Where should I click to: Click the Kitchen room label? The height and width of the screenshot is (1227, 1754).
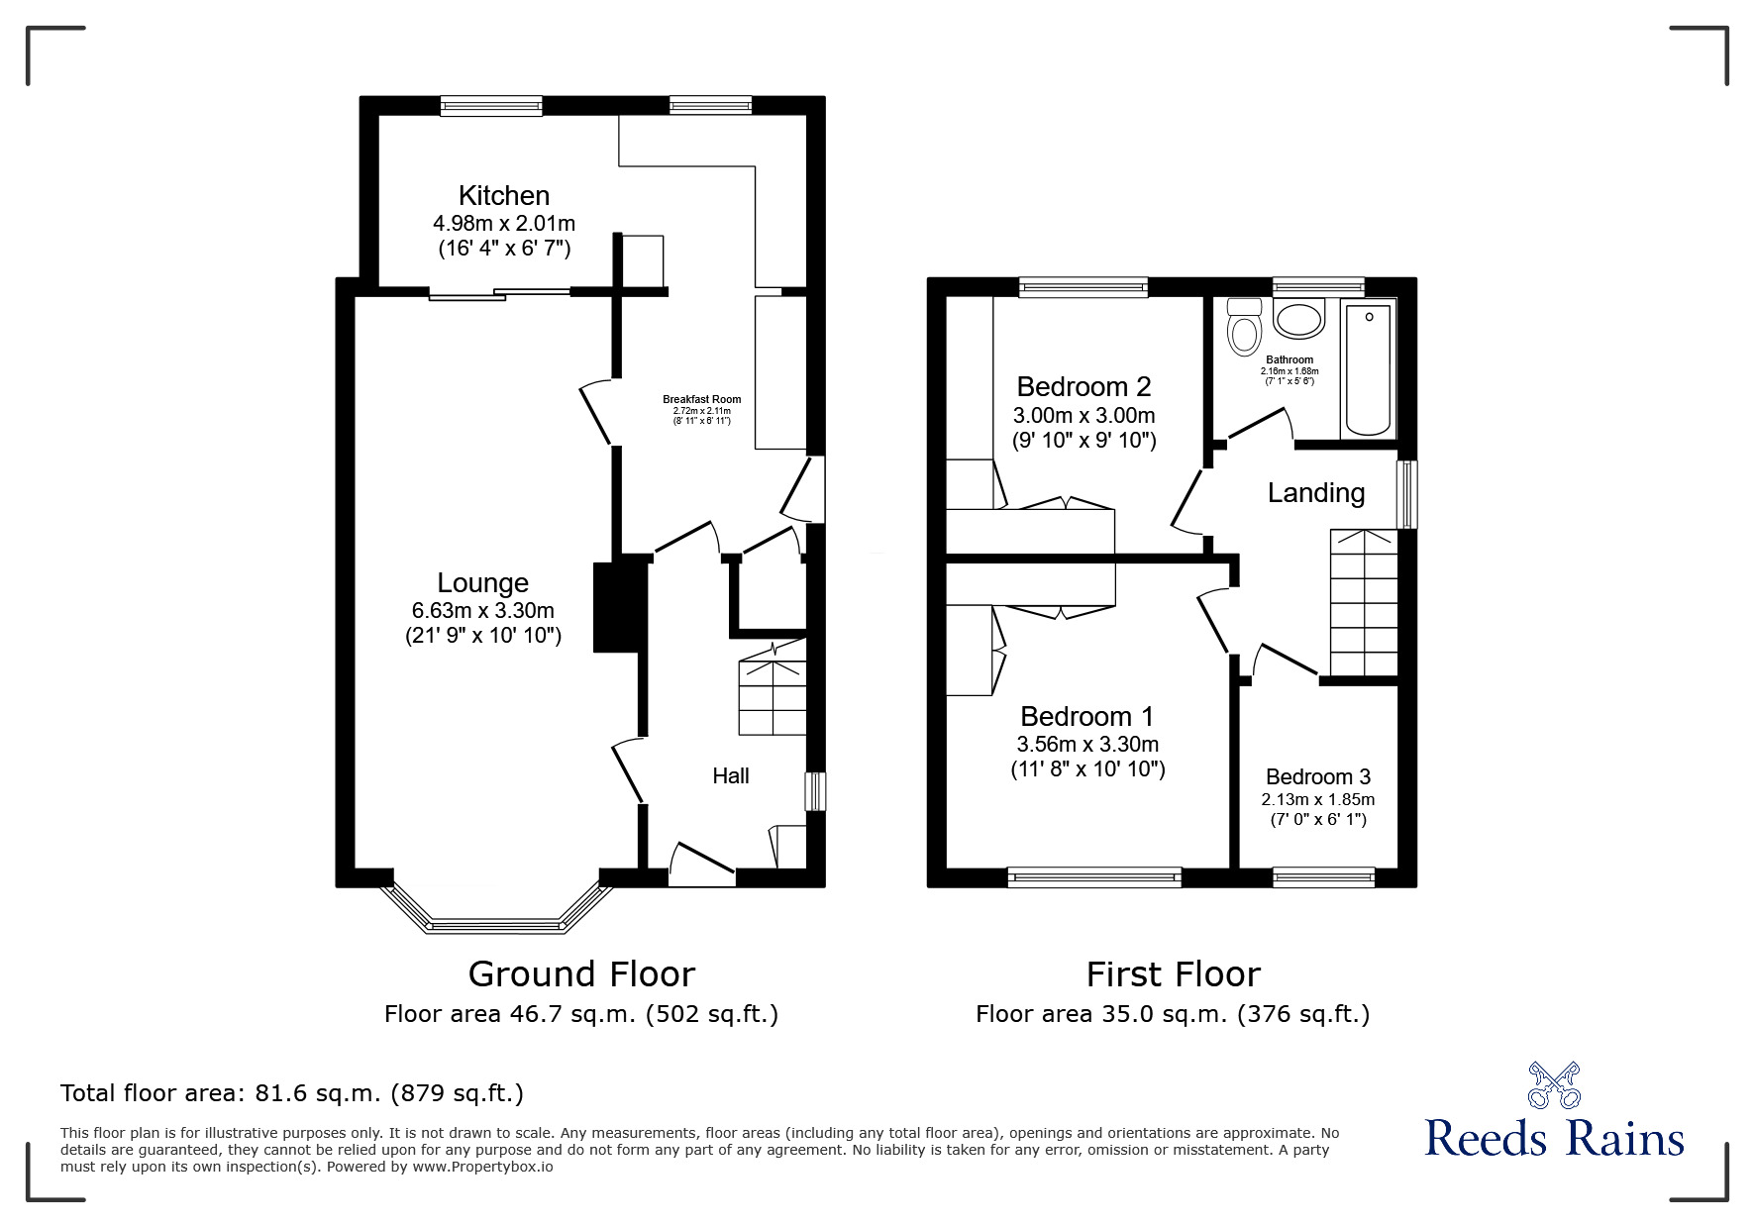pyautogui.click(x=503, y=196)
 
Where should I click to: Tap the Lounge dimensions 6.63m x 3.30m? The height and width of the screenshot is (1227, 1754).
pyautogui.click(x=483, y=610)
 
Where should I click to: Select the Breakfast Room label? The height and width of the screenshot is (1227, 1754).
pyautogui.click(x=701, y=399)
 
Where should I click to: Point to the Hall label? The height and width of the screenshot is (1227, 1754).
pyautogui.click(x=731, y=775)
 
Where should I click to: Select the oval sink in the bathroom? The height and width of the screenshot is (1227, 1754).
pyautogui.click(x=1298, y=320)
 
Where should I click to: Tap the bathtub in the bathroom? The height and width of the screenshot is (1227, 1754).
pyautogui.click(x=1369, y=370)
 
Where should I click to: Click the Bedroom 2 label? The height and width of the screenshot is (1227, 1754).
pyautogui.click(x=1083, y=386)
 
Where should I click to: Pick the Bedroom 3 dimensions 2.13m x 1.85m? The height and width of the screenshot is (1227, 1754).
pyautogui.click(x=1317, y=799)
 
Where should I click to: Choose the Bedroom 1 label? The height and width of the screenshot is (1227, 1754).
pyautogui.click(x=1087, y=716)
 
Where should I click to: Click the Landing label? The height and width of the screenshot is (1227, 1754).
pyautogui.click(x=1316, y=492)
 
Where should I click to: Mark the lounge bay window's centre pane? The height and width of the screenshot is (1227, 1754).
pyautogui.click(x=496, y=926)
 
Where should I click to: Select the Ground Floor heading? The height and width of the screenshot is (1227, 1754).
pyautogui.click(x=581, y=973)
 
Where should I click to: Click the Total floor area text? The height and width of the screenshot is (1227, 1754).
pyautogui.click(x=292, y=1093)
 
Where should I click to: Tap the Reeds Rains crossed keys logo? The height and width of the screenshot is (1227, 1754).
pyautogui.click(x=1554, y=1085)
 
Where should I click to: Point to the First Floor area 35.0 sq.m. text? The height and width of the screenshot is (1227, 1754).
pyautogui.click(x=1173, y=1014)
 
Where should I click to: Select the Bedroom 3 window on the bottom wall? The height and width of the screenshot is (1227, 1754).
pyautogui.click(x=1323, y=876)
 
